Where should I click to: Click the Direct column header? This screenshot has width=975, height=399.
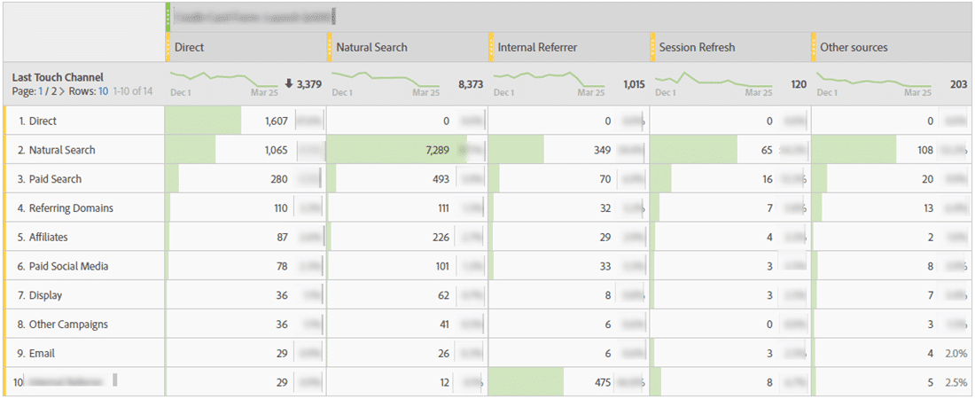(191, 47)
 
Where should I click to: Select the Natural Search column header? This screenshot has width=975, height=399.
(372, 47)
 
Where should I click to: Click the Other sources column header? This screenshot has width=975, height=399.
(854, 47)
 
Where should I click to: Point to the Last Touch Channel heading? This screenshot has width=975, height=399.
(58, 78)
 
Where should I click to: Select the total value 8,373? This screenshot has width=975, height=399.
(470, 84)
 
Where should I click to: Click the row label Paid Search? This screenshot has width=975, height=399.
(55, 179)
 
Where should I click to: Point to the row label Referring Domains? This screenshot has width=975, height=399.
(71, 208)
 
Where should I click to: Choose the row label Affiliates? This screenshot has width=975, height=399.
(48, 238)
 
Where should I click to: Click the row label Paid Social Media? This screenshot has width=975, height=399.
(68, 266)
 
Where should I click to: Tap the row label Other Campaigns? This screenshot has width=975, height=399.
(68, 325)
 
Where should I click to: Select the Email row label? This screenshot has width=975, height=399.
(42, 353)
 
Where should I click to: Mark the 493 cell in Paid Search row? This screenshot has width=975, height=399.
(440, 179)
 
